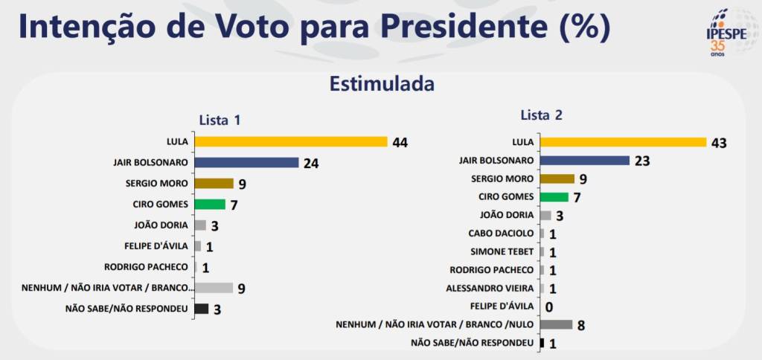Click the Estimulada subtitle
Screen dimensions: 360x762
382,84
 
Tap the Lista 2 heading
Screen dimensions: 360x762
541,115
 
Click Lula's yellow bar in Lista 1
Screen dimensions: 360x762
291,141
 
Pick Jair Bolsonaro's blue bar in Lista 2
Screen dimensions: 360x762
585,160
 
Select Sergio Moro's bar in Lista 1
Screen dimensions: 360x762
214,183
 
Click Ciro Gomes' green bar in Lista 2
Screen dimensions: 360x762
554,196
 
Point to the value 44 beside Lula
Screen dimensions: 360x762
401,142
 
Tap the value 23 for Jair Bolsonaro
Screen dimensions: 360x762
643,161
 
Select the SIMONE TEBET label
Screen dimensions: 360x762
503,251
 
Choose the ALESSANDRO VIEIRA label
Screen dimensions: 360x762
490,288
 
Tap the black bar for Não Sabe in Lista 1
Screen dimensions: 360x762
201,309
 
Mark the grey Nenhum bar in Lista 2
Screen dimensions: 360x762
556,324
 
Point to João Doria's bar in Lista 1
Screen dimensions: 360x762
200,225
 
